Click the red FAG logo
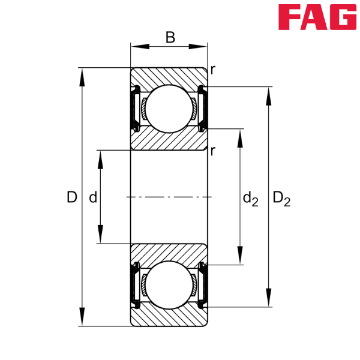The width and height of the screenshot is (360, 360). [317, 17]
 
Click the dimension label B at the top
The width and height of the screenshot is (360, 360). [170, 38]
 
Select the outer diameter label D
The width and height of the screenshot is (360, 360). [72, 197]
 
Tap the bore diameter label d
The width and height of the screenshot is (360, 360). [92, 197]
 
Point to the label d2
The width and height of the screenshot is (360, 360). [250, 198]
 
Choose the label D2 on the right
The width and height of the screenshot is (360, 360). [281, 198]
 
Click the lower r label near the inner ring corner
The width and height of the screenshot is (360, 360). [212, 151]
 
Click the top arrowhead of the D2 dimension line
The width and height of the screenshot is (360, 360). [268, 94]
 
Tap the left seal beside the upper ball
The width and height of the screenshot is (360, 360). [135, 108]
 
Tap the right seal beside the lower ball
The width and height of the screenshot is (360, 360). [203, 286]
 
